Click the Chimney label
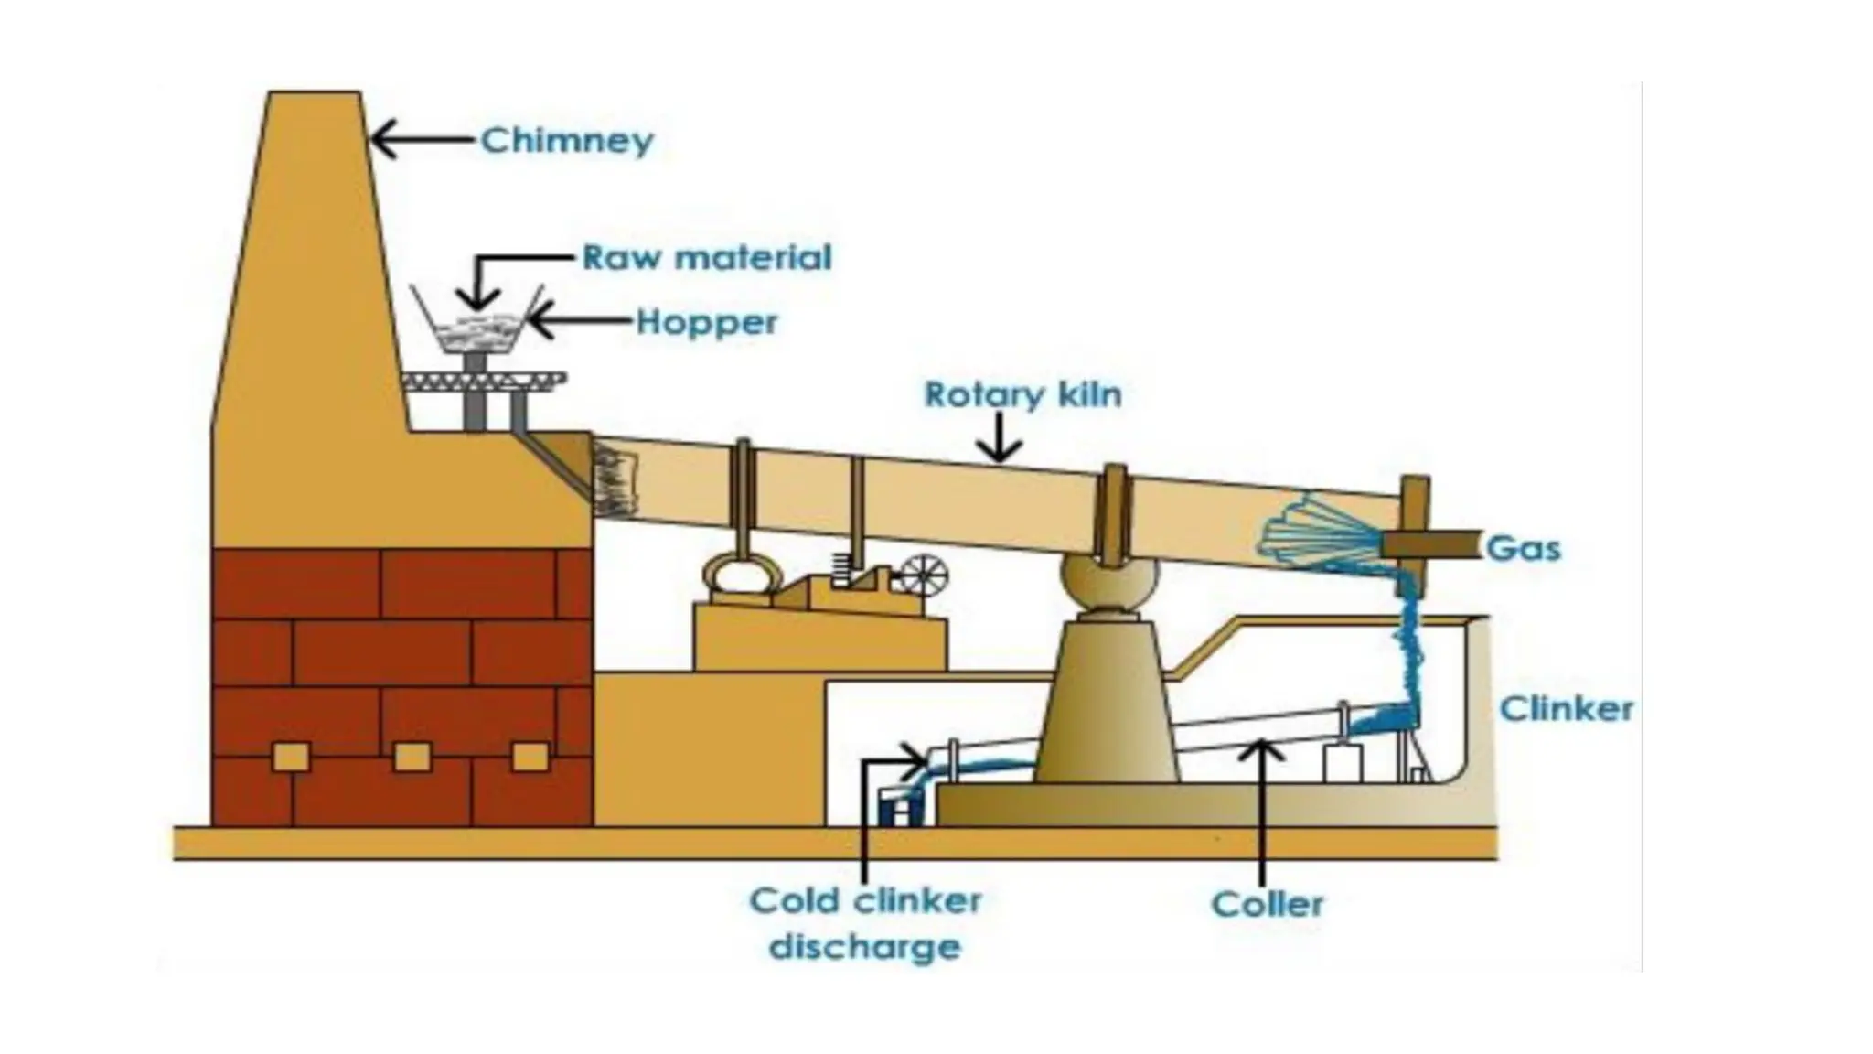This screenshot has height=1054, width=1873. (567, 141)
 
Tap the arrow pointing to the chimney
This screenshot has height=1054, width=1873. (421, 141)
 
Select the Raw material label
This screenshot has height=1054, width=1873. (707, 257)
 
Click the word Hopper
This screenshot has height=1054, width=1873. (706, 322)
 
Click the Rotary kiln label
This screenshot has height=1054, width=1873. (1022, 394)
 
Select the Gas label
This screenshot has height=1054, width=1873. (1524, 549)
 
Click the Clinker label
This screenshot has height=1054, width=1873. (1567, 708)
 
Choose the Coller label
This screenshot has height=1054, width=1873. (1267, 904)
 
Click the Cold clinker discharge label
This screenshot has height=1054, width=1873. (864, 922)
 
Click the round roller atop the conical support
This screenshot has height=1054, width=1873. (1109, 586)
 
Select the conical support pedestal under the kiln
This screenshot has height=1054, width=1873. (1108, 704)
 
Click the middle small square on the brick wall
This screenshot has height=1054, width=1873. (412, 757)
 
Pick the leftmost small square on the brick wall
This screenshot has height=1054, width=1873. (291, 757)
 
